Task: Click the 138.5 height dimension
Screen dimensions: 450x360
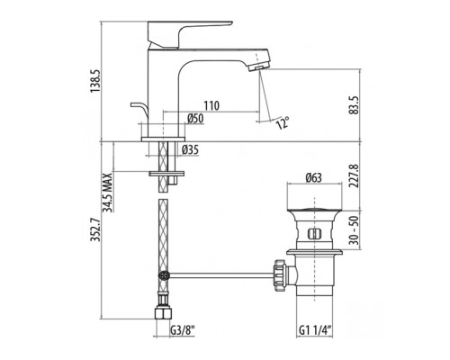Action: [95, 82]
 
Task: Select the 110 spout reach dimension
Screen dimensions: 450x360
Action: [211, 105]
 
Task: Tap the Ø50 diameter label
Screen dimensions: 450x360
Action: [195, 119]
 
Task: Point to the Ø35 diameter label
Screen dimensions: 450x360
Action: [190, 149]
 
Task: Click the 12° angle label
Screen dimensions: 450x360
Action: [283, 122]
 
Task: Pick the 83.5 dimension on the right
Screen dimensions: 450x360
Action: [354, 105]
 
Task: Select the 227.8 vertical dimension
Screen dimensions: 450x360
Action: [355, 175]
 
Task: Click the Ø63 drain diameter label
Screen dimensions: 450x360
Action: [314, 177]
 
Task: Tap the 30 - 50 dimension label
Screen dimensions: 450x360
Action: [355, 230]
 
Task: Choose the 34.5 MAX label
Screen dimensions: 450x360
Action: [107, 193]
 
